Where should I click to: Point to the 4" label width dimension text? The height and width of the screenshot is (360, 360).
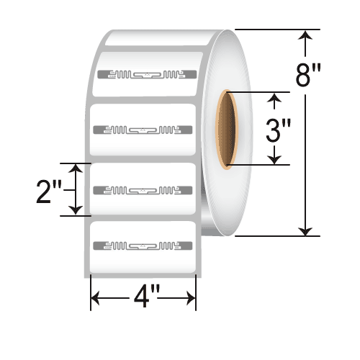coord(143,297)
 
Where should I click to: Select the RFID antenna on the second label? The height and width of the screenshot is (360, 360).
coord(144,130)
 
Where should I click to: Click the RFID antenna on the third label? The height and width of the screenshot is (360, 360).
coord(144,190)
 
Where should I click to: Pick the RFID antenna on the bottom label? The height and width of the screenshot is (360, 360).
coord(144,246)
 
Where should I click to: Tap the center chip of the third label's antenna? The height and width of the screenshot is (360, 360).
coord(144,190)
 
